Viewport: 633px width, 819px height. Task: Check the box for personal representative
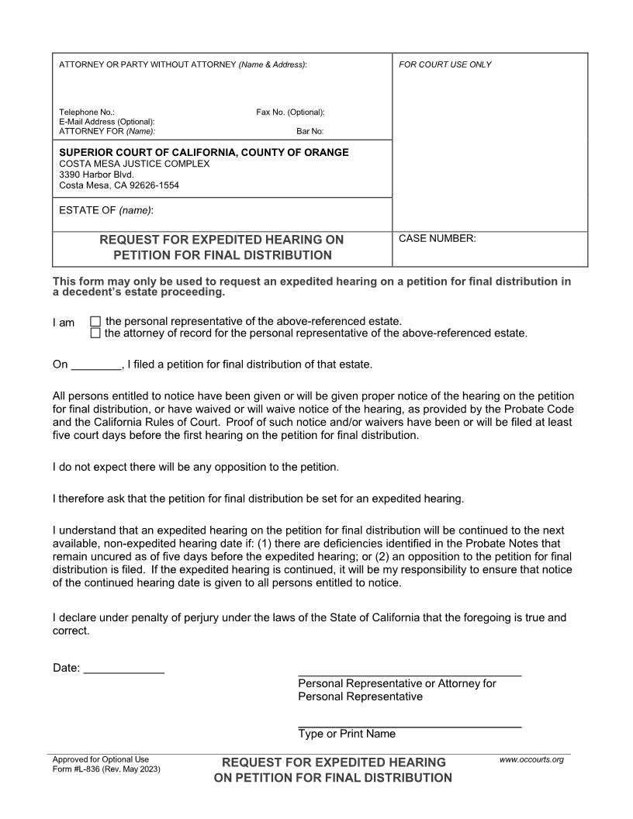click(x=95, y=321)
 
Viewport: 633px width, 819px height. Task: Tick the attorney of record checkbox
click(x=95, y=333)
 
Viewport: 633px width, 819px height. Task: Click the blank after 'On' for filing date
click(x=96, y=365)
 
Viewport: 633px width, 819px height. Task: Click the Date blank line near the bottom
click(x=123, y=668)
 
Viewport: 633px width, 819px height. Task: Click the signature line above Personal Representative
click(x=409, y=674)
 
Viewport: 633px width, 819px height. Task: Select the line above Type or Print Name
click(x=409, y=725)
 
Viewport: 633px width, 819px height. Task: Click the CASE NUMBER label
click(x=437, y=239)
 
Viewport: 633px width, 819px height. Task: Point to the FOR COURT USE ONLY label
click(x=444, y=64)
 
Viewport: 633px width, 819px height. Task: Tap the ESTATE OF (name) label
click(x=106, y=210)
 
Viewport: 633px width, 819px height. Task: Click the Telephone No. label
click(x=87, y=112)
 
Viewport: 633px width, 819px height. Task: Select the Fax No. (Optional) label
click(x=290, y=112)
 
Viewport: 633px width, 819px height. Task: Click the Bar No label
click(x=310, y=131)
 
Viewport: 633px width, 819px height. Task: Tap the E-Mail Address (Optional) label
click(x=107, y=122)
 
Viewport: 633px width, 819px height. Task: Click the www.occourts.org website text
click(x=531, y=759)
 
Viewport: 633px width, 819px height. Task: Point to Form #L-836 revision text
click(x=106, y=769)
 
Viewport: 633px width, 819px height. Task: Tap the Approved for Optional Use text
click(x=100, y=759)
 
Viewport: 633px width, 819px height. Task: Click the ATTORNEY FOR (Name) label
click(x=107, y=131)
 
